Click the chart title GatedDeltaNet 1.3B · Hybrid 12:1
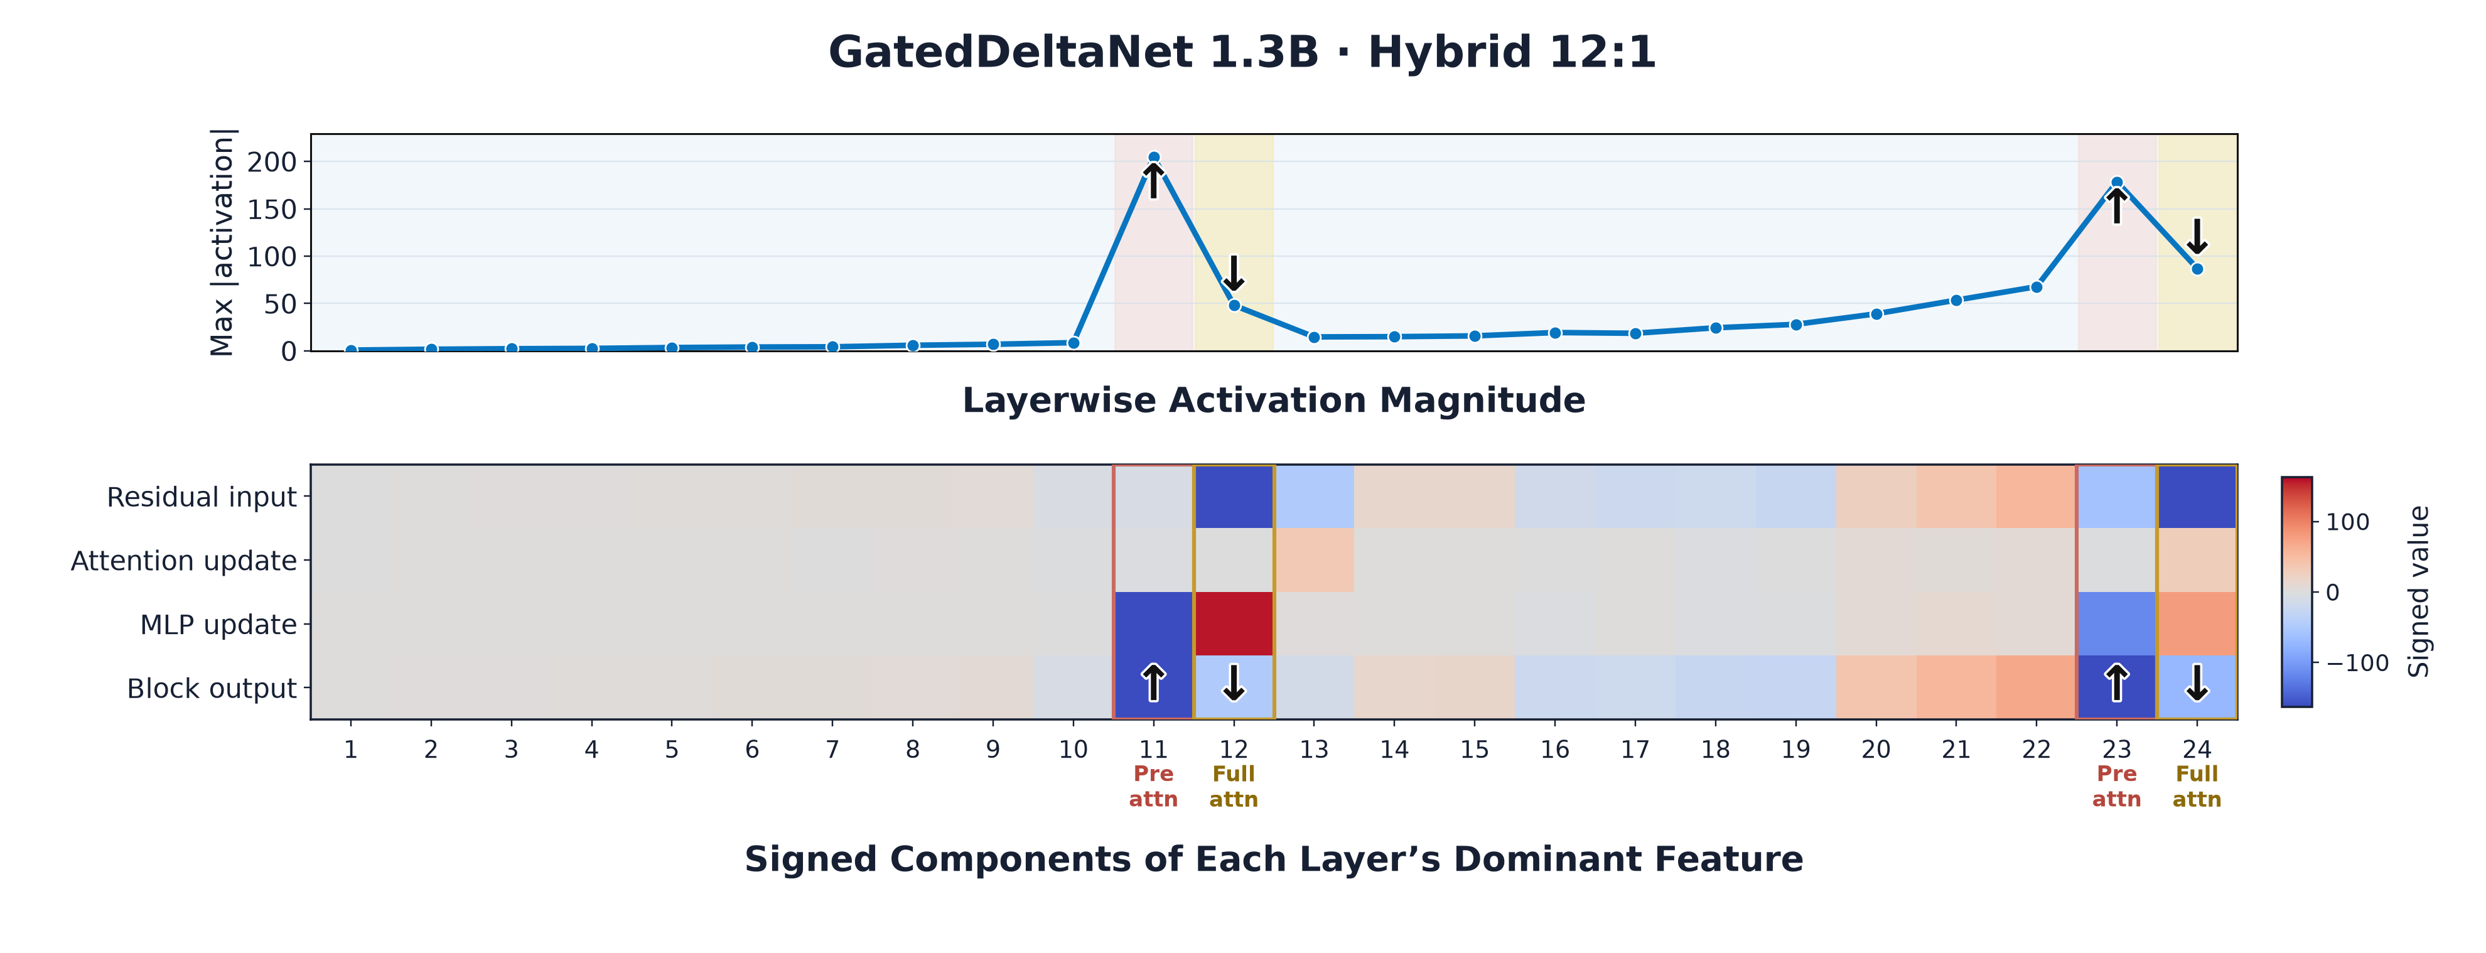pyautogui.click(x=1242, y=52)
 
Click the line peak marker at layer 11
pyautogui.click(x=1153, y=158)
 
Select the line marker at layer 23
pyautogui.click(x=2116, y=183)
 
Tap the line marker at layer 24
pyautogui.click(x=2197, y=269)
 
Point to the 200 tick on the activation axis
pyautogui.click(x=272, y=162)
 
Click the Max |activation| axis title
pyautogui.click(x=222, y=242)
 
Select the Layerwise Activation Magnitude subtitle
pyautogui.click(x=1274, y=401)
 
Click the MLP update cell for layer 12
pyautogui.click(x=1234, y=624)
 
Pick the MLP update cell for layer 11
pyautogui.click(x=1153, y=624)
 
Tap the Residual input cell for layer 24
pyautogui.click(x=2197, y=497)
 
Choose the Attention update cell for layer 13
pyautogui.click(x=1313, y=560)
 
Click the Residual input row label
pyautogui.click(x=202, y=497)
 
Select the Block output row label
pyautogui.click(x=212, y=689)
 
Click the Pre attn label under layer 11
pyautogui.click(x=1153, y=786)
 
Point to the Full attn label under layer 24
pyautogui.click(x=2197, y=786)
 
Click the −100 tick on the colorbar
pyautogui.click(x=2357, y=664)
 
